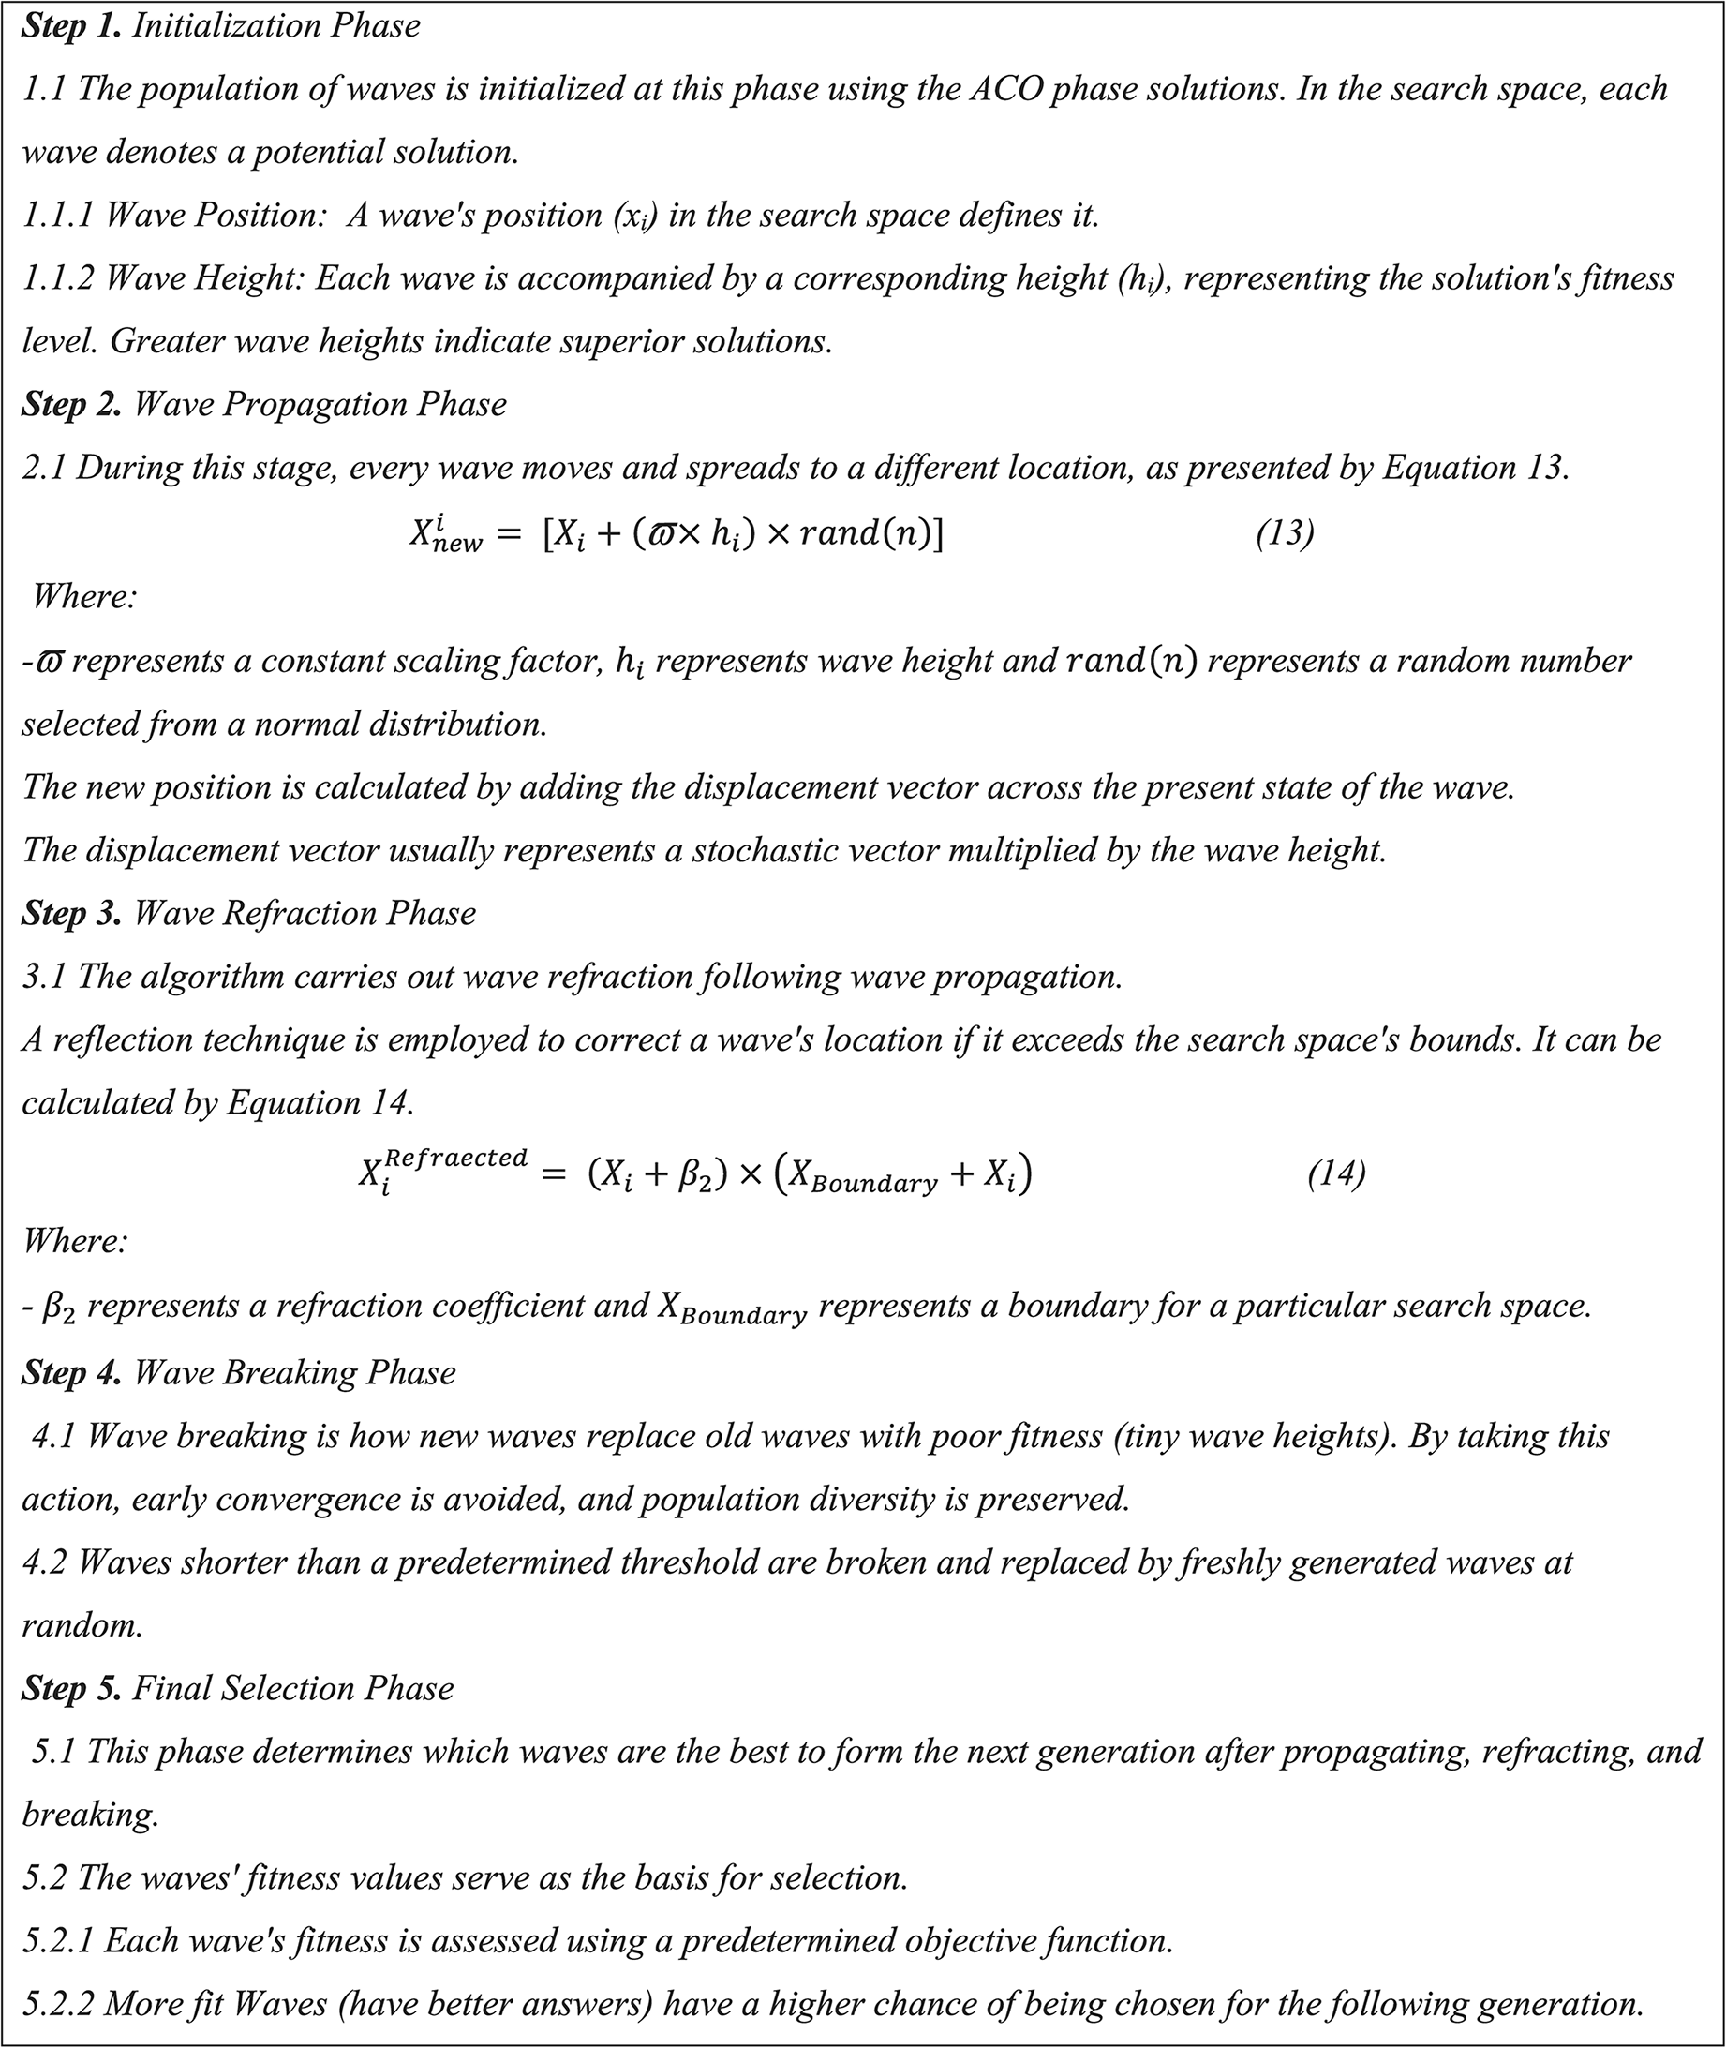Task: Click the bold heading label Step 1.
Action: coord(70,25)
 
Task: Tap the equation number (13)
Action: coord(1285,533)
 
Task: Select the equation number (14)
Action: coord(1335,1173)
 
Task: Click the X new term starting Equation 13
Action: coord(445,535)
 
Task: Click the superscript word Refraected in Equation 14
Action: coord(456,1158)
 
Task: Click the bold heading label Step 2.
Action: coord(70,405)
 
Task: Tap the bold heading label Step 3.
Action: coord(70,914)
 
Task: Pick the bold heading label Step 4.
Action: coord(70,1373)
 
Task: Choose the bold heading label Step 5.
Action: coord(70,1689)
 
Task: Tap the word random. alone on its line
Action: coord(82,1626)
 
